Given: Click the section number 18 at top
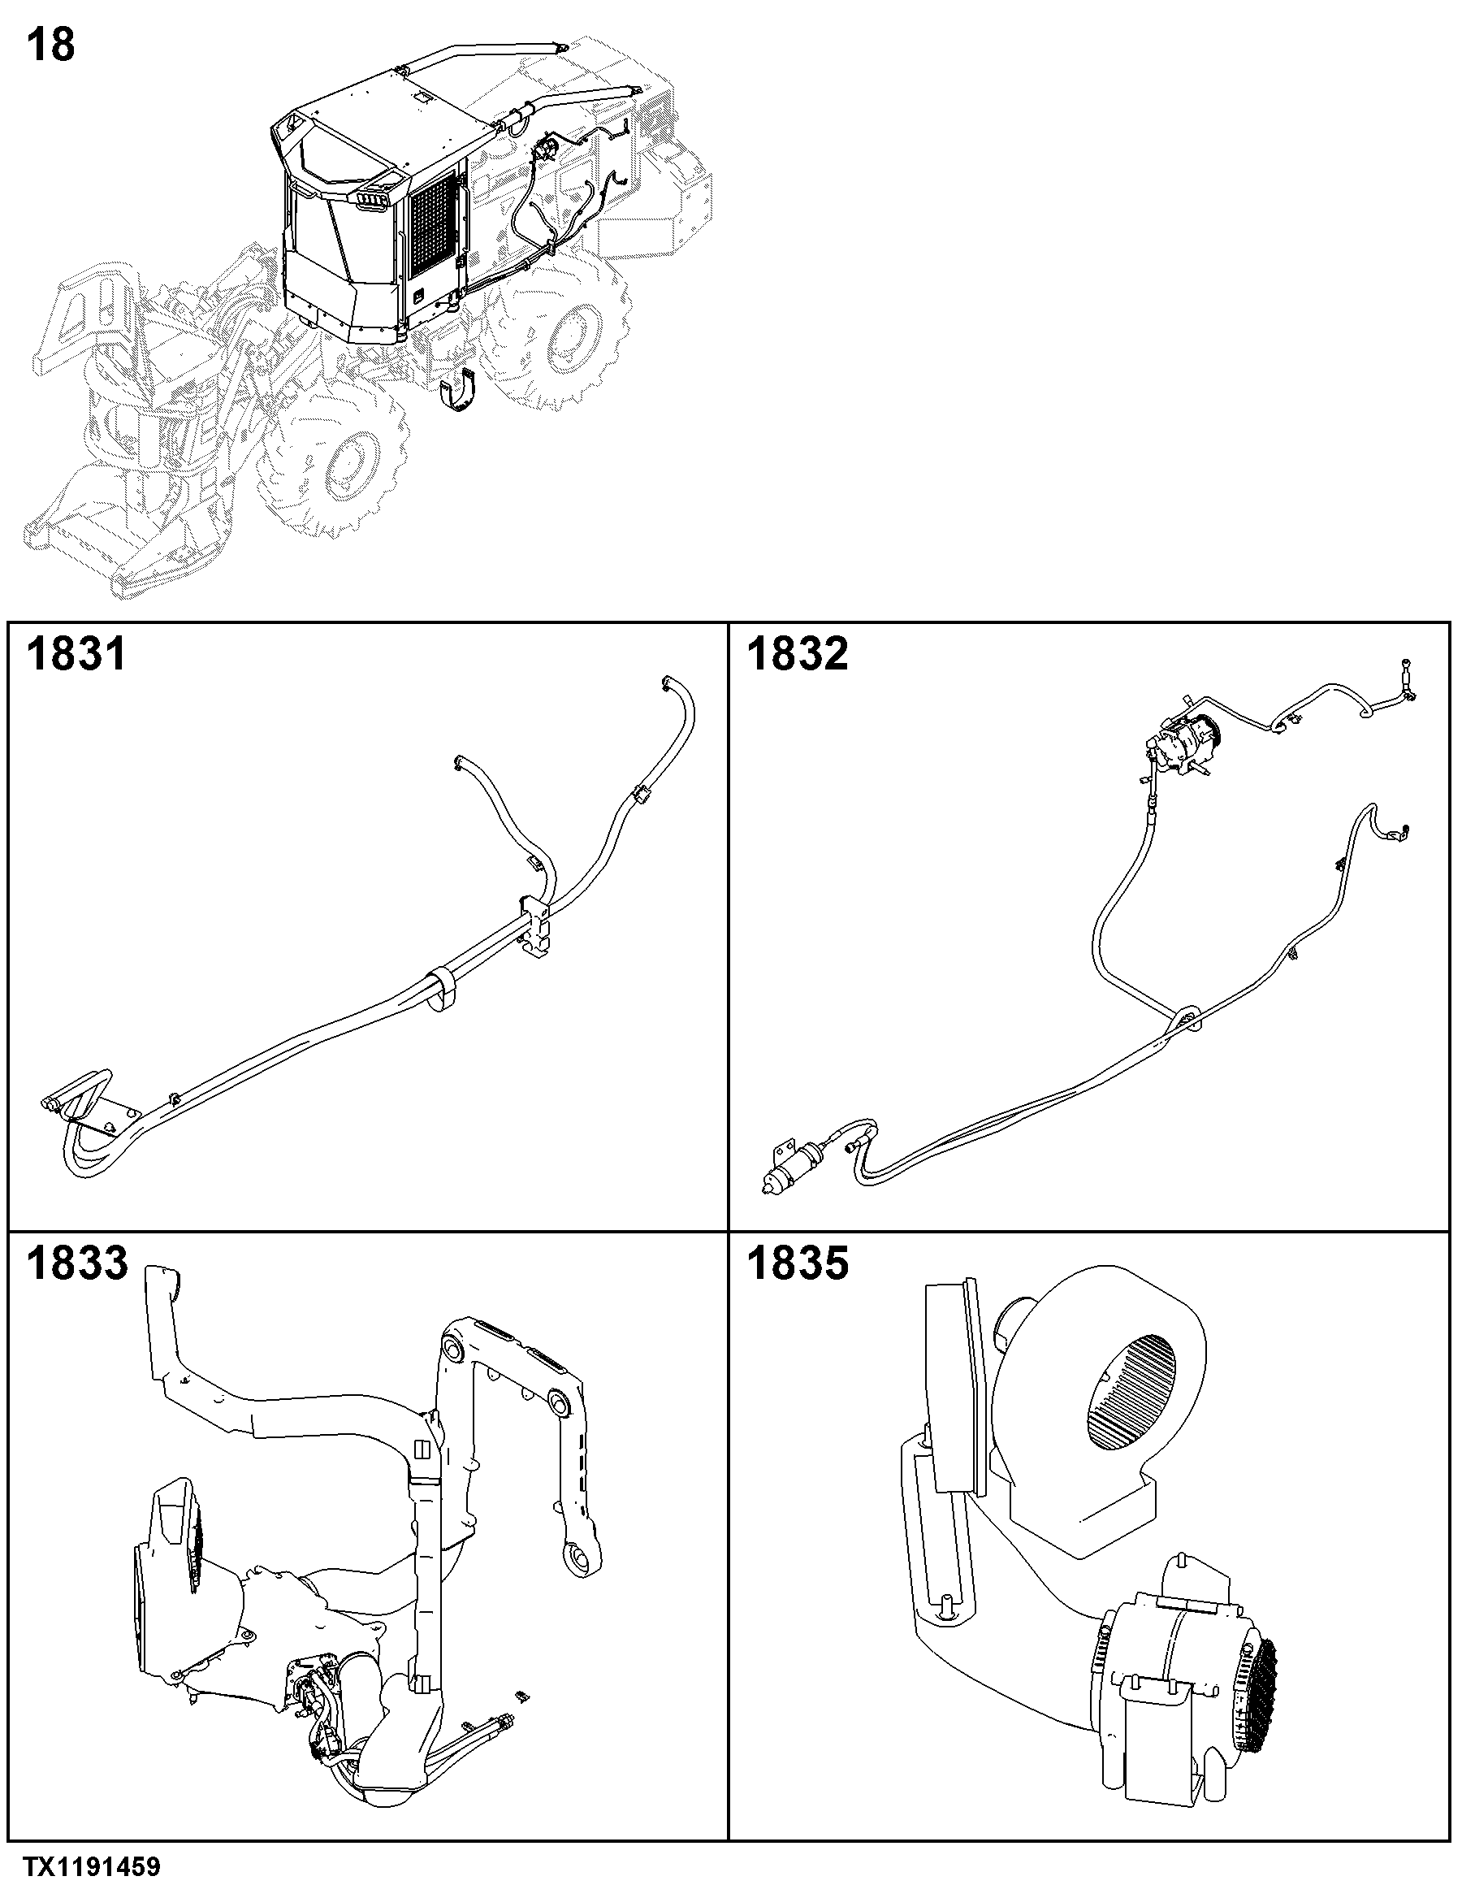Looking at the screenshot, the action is [51, 45].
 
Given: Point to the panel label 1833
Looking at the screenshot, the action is [76, 1263].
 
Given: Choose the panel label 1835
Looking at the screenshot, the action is [798, 1263].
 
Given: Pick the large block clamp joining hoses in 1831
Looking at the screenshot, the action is [536, 926].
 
